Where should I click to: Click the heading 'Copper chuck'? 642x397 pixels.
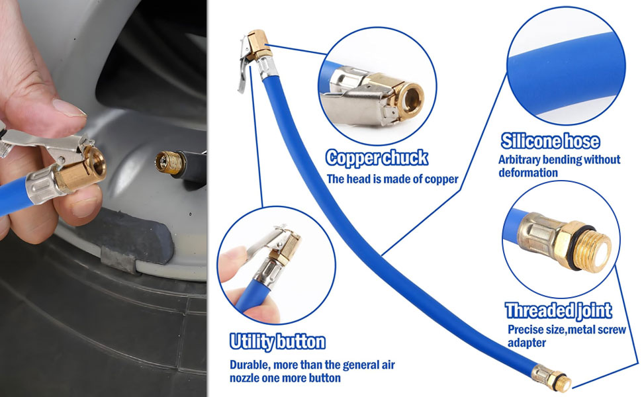click(x=377, y=158)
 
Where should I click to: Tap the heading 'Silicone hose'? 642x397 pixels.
click(x=550, y=141)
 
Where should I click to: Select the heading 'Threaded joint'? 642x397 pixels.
click(x=559, y=310)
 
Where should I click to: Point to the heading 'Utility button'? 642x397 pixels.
click(x=277, y=341)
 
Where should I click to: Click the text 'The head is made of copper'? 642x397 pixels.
click(x=392, y=179)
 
